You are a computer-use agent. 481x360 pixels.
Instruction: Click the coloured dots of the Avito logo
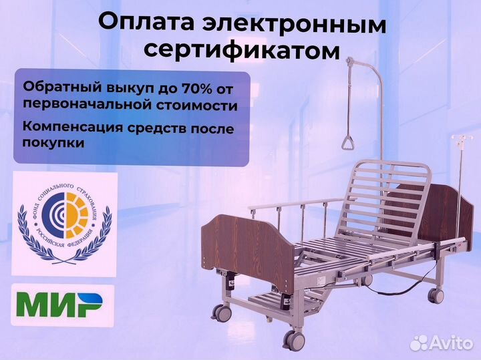pyautogui.click(x=419, y=343)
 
